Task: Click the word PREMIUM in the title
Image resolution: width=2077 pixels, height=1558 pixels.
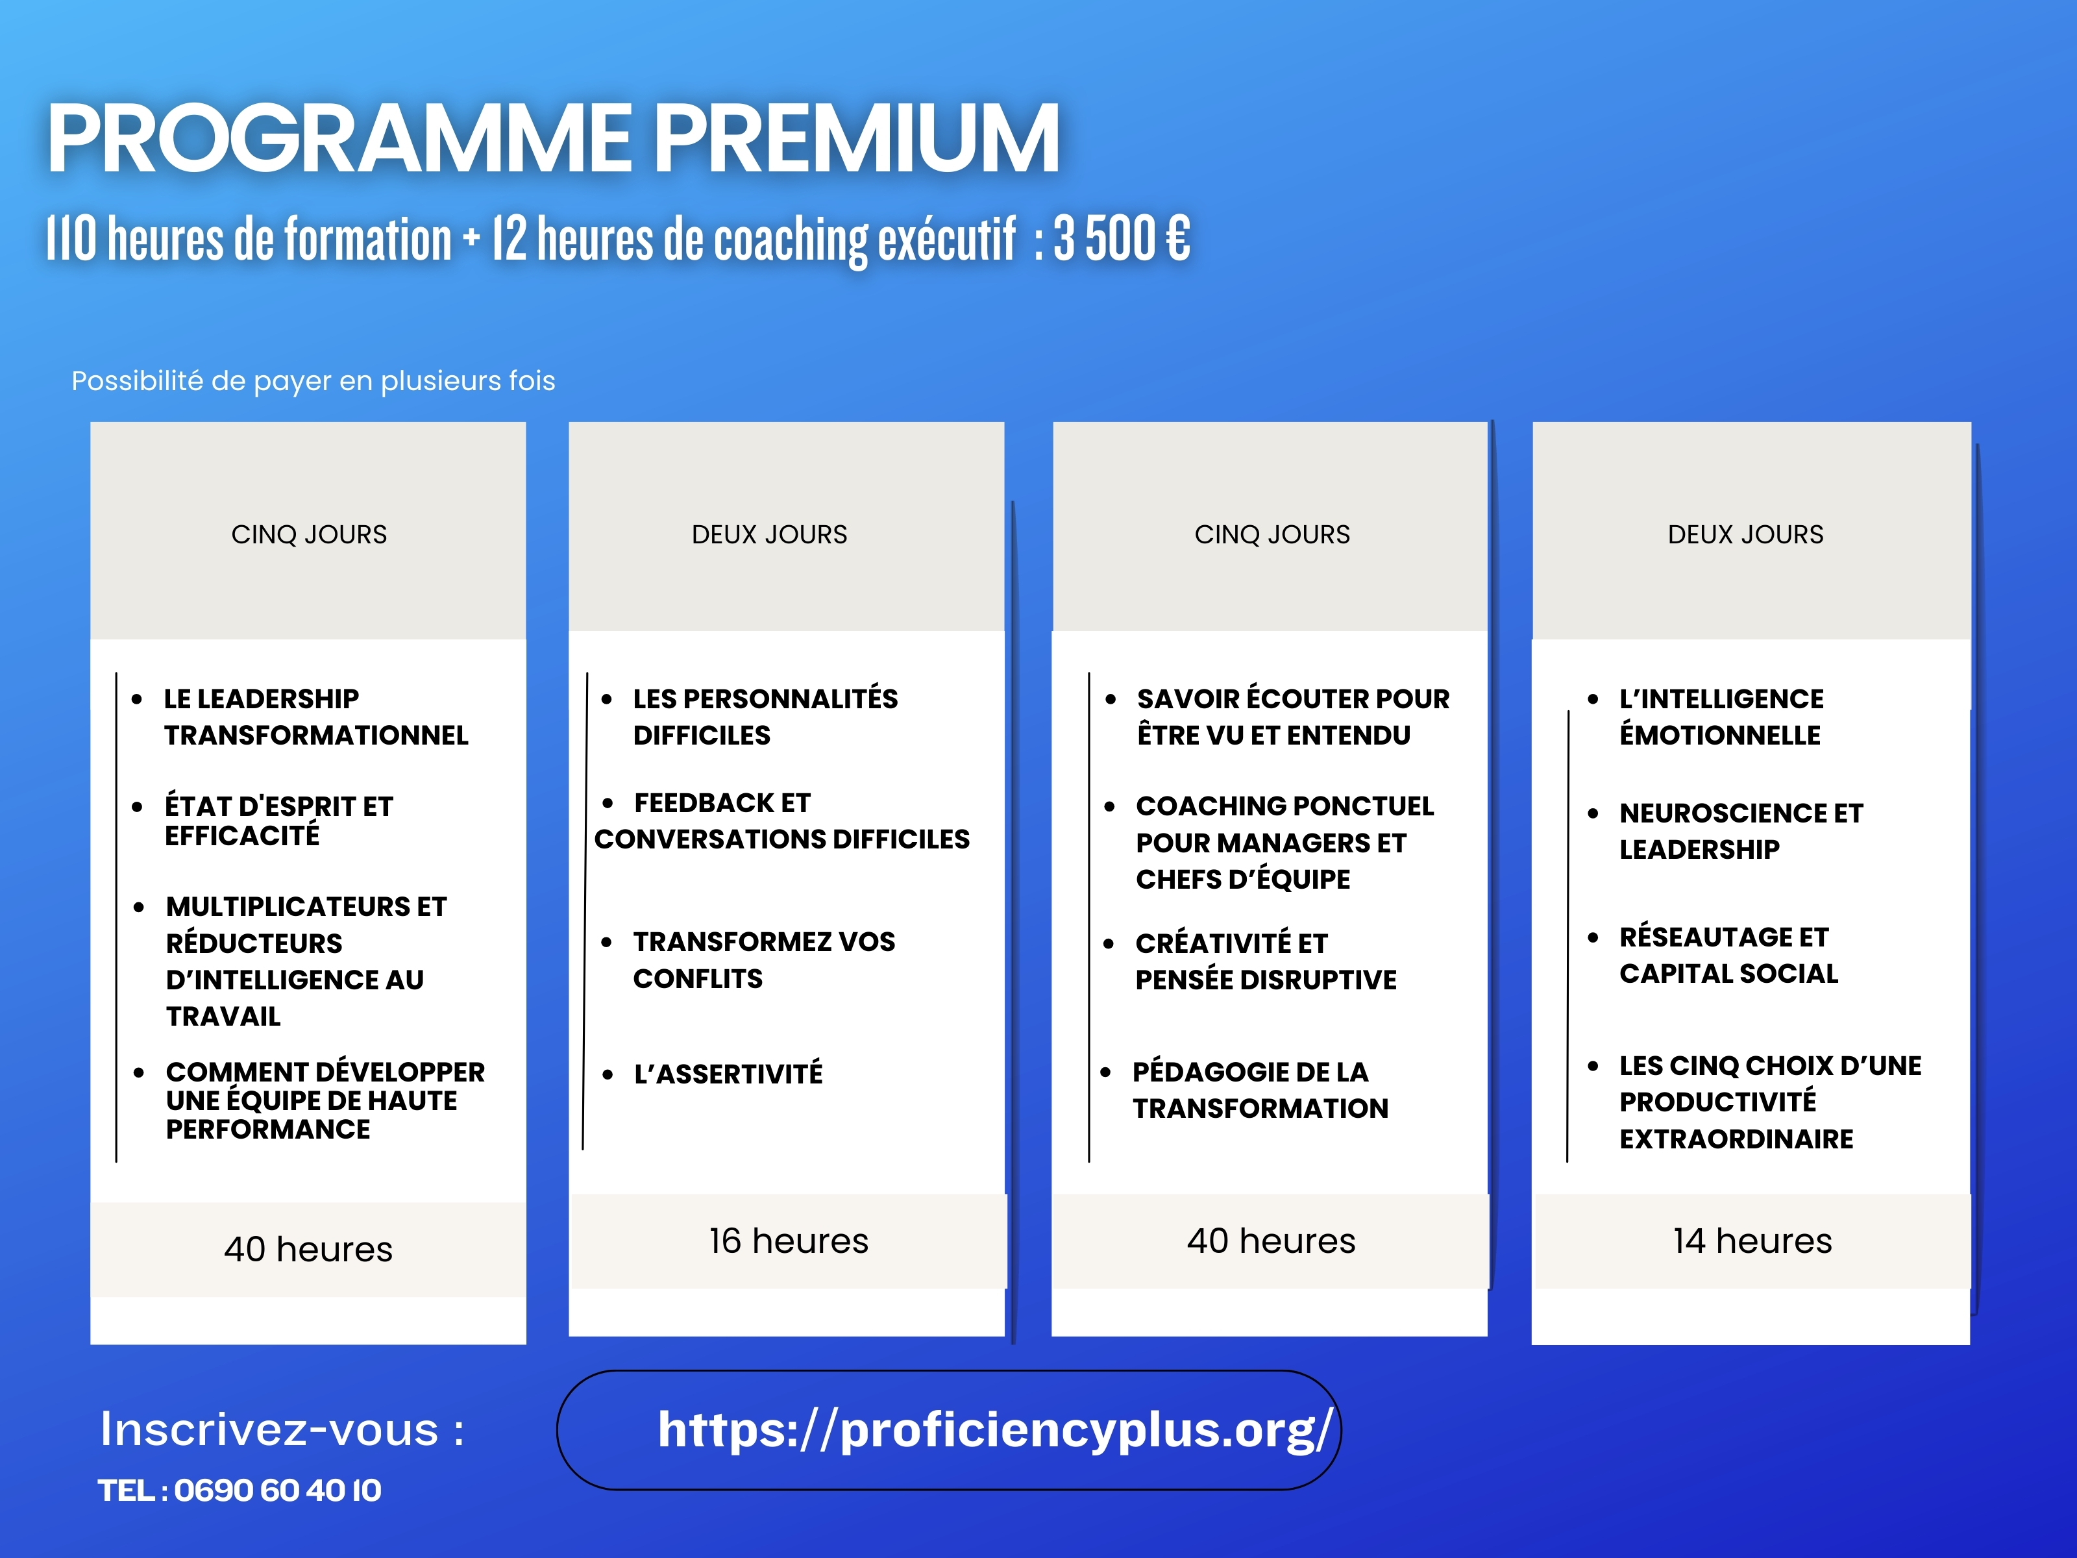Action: tap(855, 138)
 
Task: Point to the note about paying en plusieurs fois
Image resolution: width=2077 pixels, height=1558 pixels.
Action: tap(313, 381)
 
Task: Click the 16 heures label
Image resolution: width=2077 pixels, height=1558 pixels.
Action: tap(789, 1241)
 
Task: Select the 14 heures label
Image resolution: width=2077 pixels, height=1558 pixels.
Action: tap(1752, 1241)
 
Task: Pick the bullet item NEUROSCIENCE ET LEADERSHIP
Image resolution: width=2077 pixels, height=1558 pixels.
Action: tap(1741, 831)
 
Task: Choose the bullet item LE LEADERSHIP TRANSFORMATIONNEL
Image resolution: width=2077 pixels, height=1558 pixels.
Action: tap(315, 717)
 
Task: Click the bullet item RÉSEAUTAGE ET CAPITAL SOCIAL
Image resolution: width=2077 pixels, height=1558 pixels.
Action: tap(1728, 955)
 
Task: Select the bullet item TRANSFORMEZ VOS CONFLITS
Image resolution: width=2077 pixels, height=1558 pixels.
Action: tap(763, 959)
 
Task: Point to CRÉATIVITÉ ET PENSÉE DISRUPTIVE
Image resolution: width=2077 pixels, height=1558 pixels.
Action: tap(1266, 961)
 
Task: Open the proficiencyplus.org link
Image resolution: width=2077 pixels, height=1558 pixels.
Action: tap(994, 1429)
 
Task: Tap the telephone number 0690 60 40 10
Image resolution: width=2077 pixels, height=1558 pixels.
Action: tap(277, 1490)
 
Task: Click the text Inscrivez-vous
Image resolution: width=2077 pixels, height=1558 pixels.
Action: tap(269, 1429)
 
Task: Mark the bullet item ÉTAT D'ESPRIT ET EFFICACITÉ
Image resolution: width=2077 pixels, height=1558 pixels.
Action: tap(279, 821)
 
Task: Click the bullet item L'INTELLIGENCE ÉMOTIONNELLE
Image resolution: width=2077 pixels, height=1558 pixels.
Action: tap(1721, 717)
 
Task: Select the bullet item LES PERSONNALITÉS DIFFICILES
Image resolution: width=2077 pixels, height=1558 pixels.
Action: tap(765, 717)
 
